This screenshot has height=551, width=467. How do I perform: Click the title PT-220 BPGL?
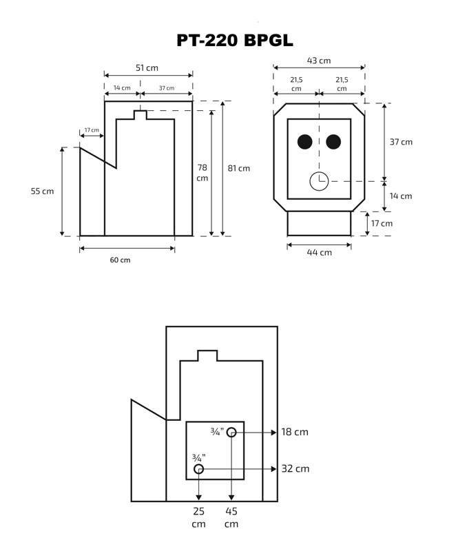(x=234, y=40)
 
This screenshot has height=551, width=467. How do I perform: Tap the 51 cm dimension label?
(x=147, y=67)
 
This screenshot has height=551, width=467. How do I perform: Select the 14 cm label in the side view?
(x=121, y=88)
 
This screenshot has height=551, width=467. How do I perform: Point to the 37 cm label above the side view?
(x=166, y=88)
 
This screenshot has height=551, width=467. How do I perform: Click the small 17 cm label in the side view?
(x=92, y=130)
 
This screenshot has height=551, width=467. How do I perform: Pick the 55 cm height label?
(x=42, y=191)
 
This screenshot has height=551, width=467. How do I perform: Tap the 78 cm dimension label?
(x=202, y=173)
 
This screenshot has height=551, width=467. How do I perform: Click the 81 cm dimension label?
(x=239, y=168)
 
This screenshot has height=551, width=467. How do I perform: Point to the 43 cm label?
(x=319, y=61)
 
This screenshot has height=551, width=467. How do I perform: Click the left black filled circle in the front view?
(x=304, y=142)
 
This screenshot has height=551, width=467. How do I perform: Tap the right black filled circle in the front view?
(x=333, y=142)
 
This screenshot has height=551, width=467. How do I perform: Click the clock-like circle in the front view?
(x=319, y=181)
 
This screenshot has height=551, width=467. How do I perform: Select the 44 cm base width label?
(x=320, y=252)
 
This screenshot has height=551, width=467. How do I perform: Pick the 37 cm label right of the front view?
(x=401, y=142)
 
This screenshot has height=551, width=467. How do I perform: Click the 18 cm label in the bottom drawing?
(x=295, y=433)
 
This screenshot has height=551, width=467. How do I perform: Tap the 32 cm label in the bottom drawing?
(x=295, y=469)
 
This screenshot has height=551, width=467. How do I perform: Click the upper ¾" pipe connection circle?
(x=231, y=433)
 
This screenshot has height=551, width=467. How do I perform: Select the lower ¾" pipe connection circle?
(x=199, y=469)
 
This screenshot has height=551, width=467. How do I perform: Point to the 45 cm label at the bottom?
(x=231, y=517)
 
